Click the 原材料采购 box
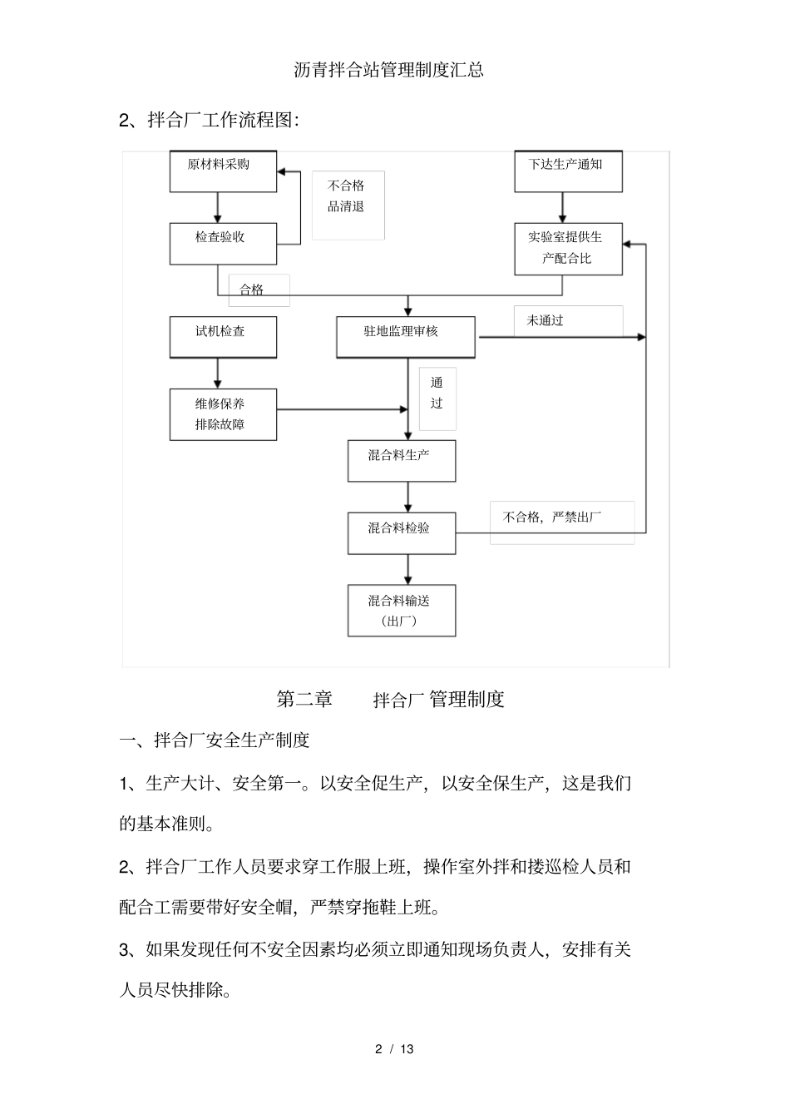pos(223,171)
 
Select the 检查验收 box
pos(223,244)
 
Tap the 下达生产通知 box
pos(568,171)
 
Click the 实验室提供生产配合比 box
pos(568,248)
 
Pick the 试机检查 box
pos(223,337)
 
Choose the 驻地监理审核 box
pos(406,337)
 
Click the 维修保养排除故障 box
pos(223,414)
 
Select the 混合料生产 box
pos(402,461)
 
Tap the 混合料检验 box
pos(402,533)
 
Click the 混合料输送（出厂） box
pos(402,611)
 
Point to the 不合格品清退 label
pos(348,196)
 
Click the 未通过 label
pos(546,320)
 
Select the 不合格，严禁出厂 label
pos(553,517)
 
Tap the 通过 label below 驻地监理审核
pos(437,394)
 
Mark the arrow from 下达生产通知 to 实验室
pos(563,207)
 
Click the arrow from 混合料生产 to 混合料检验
pos(407,497)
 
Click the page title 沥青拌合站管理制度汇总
pos(389,70)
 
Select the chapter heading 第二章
pos(304,700)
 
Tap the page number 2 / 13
pos(394,1049)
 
